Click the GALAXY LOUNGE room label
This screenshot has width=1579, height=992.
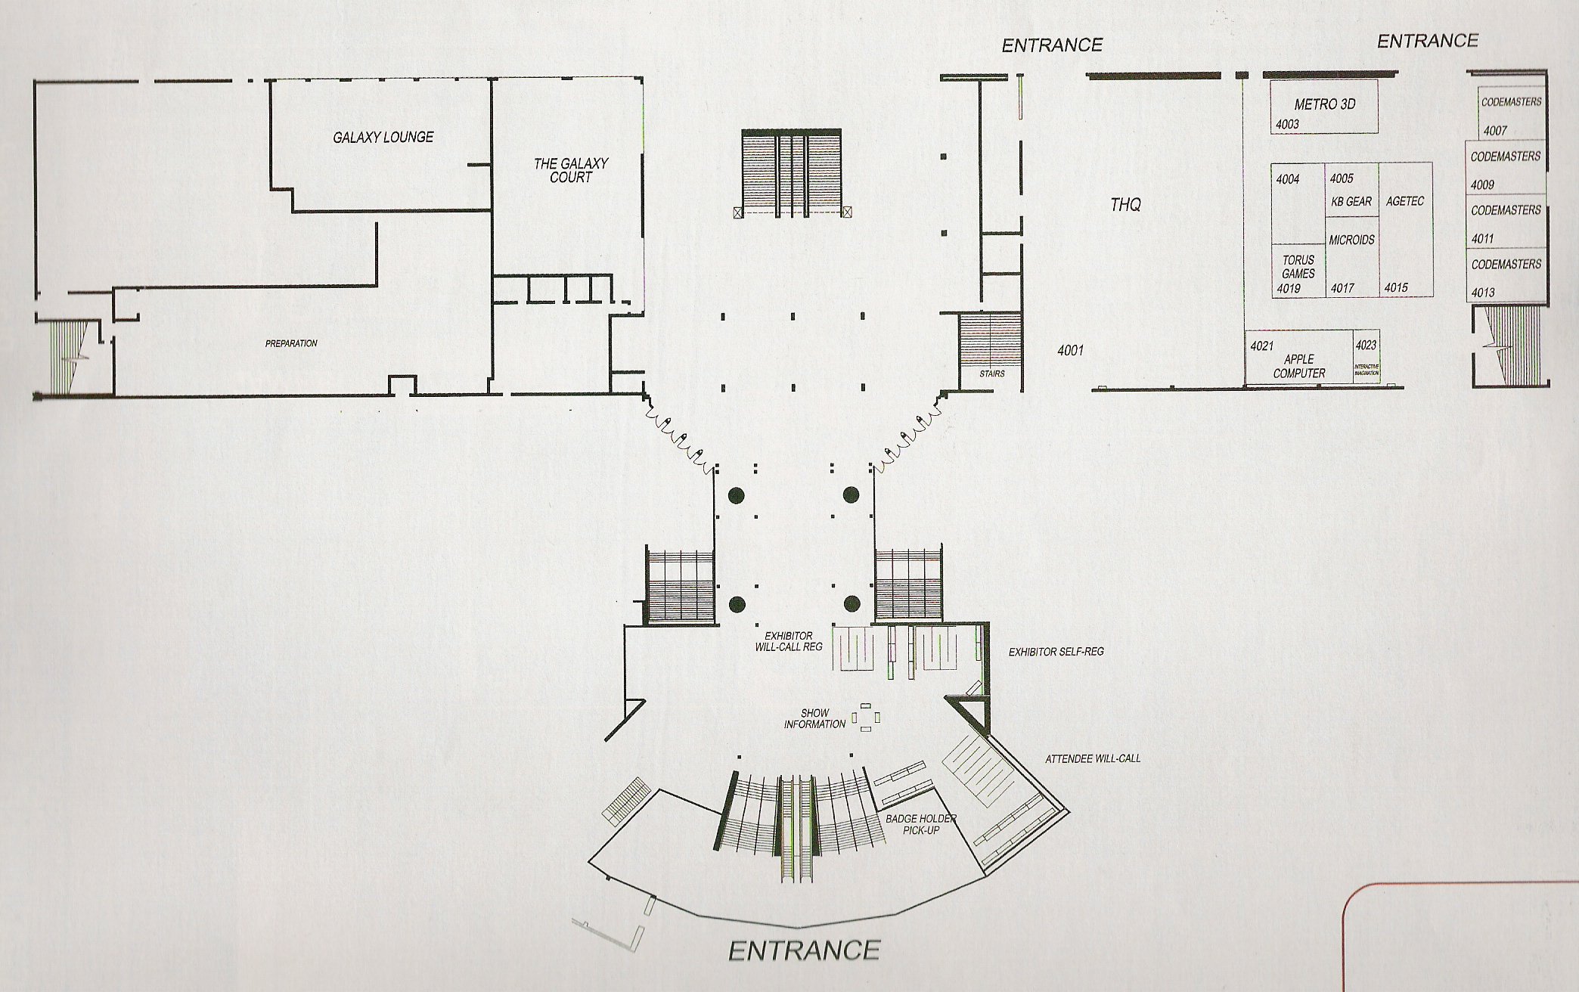coord(383,137)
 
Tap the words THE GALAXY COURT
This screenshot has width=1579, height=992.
coord(571,170)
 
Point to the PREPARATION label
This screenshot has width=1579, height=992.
coord(291,343)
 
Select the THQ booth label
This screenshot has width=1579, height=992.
coord(1126,204)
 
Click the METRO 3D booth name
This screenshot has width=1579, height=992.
coord(1325,104)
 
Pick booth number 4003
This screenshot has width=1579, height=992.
coord(1286,125)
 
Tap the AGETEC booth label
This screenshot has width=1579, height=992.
coord(1405,201)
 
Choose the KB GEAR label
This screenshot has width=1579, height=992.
coord(1351,202)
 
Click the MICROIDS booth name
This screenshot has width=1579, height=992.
coord(1352,240)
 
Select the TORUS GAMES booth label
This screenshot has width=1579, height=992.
coord(1298,267)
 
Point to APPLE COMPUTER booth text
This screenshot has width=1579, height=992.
coord(1299,366)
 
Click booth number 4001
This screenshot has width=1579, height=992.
coord(1071,350)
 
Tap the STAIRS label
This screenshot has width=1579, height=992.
coord(991,374)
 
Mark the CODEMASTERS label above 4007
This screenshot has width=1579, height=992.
coord(1511,101)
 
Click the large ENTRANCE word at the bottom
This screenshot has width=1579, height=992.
coord(805,949)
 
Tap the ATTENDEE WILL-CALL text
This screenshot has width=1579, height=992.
coord(1093,758)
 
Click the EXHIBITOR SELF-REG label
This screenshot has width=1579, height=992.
coord(1056,651)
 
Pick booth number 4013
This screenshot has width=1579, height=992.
coord(1483,293)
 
